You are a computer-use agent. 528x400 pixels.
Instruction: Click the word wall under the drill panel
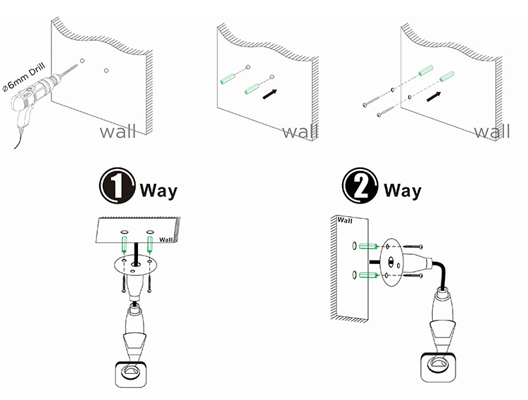117,132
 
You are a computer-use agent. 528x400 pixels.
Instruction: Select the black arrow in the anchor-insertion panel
267,92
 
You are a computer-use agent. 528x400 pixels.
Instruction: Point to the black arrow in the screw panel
437,95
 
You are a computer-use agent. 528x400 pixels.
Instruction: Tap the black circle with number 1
117,188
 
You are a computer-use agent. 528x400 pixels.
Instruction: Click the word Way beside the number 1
158,190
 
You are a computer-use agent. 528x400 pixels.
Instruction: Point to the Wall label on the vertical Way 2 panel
345,220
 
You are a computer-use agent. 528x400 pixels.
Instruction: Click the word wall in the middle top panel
300,132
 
